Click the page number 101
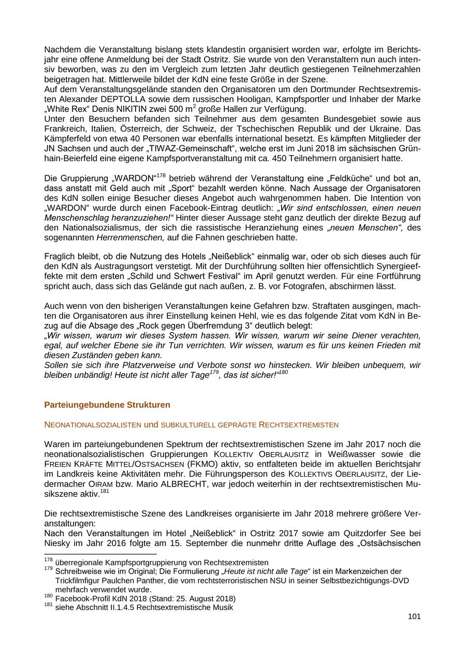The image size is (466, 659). coord(414,617)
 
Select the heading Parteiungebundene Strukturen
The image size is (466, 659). coord(107,405)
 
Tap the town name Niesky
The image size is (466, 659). coord(57,543)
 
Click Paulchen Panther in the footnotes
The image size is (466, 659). coord(128,581)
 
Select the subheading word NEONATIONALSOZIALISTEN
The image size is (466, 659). coord(93,425)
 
